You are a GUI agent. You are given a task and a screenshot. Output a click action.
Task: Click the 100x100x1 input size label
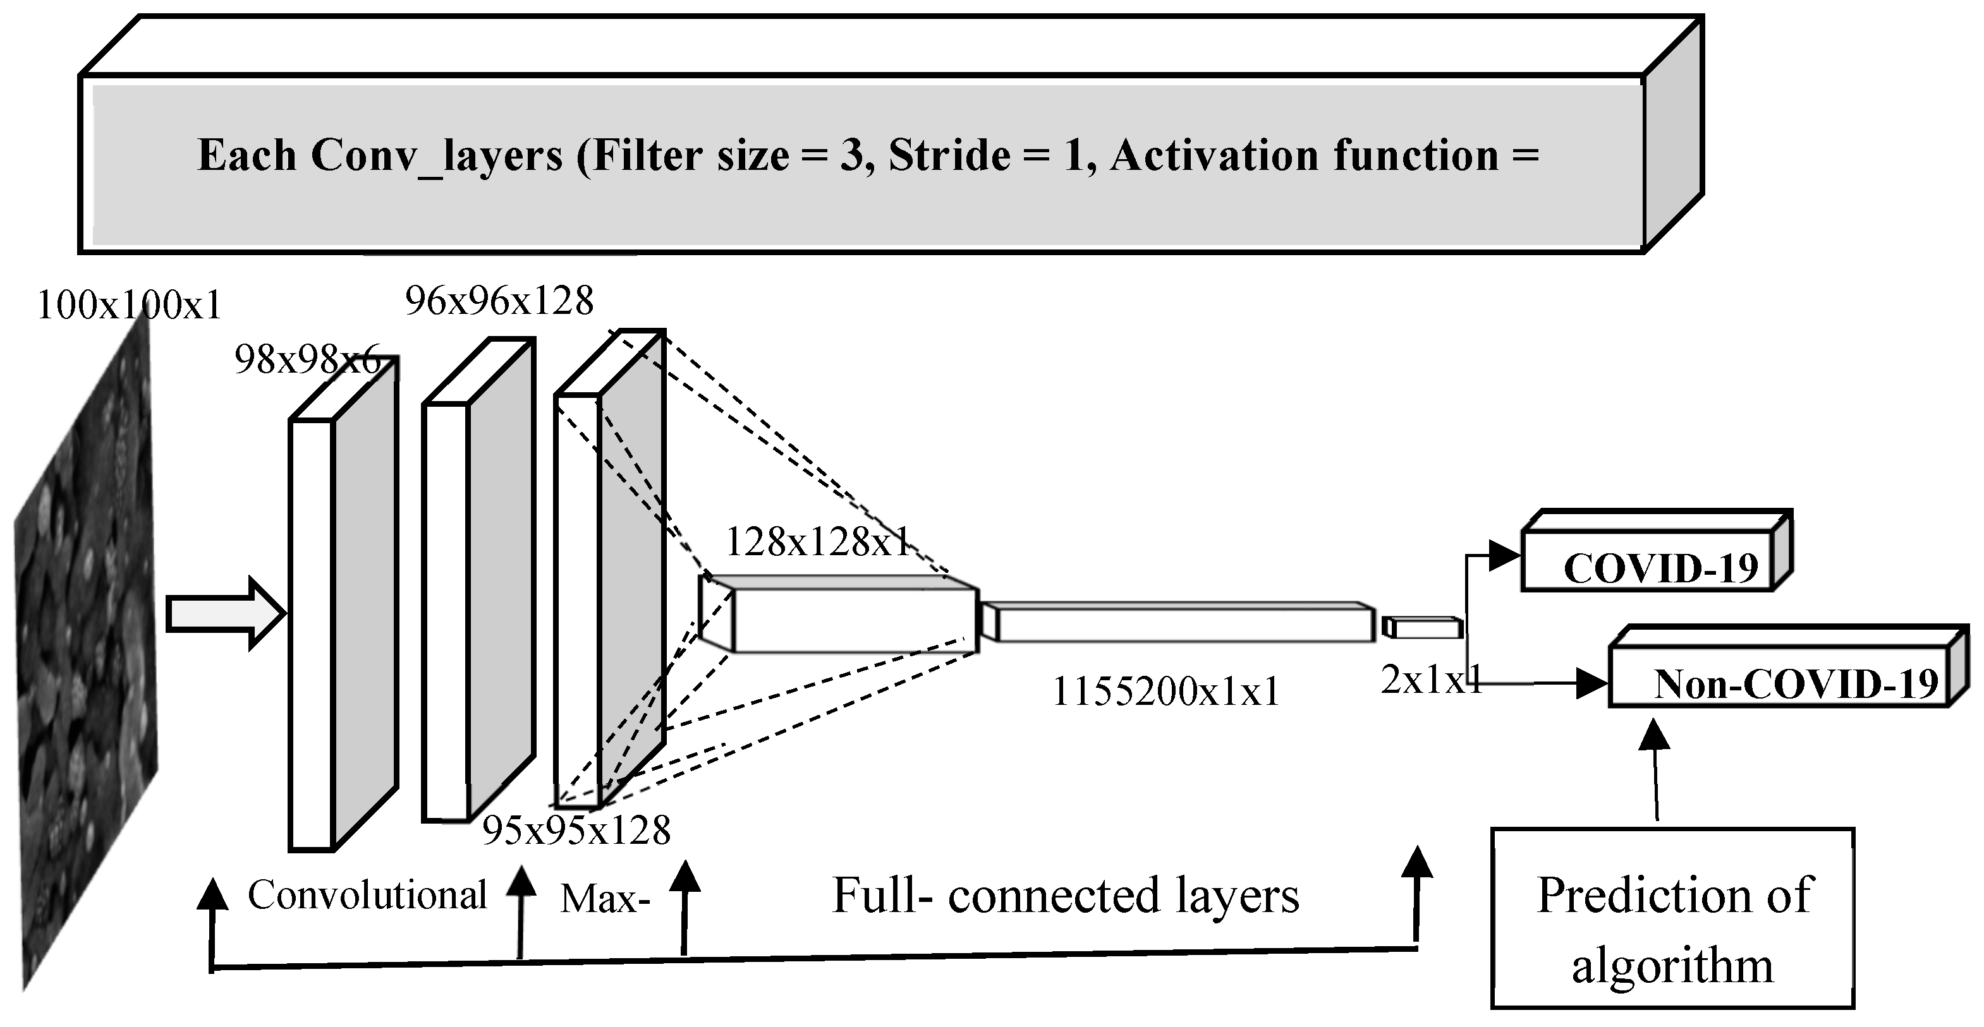point(128,306)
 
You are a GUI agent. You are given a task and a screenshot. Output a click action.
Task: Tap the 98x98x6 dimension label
point(307,359)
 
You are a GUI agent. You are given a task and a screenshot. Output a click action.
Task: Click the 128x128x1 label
point(818,543)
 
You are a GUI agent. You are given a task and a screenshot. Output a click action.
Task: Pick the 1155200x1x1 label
point(1164,692)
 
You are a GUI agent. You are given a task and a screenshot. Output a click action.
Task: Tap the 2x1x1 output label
point(1431,680)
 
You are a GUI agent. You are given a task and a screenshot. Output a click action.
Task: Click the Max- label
point(606,898)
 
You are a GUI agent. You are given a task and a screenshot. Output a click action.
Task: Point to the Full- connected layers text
point(1066,896)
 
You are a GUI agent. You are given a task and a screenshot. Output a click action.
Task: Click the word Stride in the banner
point(949,156)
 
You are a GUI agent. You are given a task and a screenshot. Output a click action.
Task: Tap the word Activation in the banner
point(1214,156)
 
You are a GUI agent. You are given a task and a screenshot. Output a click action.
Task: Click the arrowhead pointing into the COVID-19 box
point(1504,555)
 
